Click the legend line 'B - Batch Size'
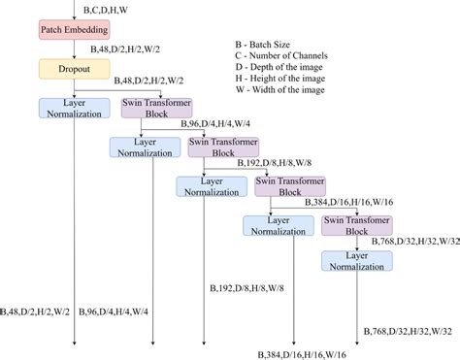[270, 45]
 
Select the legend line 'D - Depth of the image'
[287, 70]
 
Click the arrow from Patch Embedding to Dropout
[75, 50]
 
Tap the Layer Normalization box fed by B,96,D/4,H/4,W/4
[144, 147]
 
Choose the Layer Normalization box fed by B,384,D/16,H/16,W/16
[277, 224]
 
